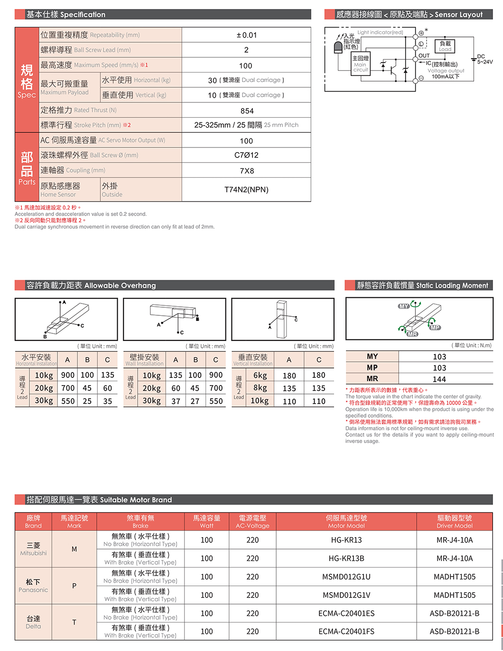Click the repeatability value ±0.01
coord(246,35)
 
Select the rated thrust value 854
coord(247,111)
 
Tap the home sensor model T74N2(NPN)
coord(246,190)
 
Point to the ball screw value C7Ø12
coord(246,155)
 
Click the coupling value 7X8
coord(247,171)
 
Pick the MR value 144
coord(439,379)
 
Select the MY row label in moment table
coord(372,357)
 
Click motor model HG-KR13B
coord(346,559)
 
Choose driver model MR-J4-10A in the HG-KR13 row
coord(454,540)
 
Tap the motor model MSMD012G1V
coord(346,595)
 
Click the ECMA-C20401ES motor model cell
coord(346,614)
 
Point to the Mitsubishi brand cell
coord(33,549)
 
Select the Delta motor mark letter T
coord(74,622)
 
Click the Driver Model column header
coord(454,522)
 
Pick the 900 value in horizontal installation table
coord(68,375)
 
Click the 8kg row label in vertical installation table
coord(260,388)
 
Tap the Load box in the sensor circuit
coord(445,46)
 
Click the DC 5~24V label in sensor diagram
coord(484,59)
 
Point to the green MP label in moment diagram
coord(435,328)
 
